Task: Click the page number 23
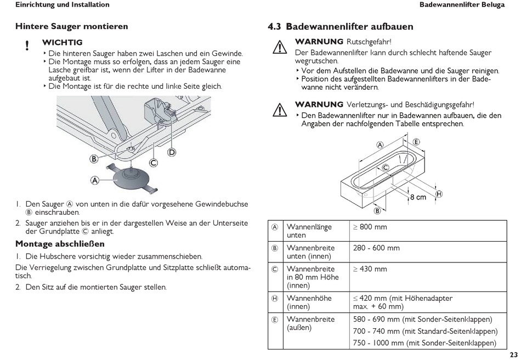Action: (x=513, y=354)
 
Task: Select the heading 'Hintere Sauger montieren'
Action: (x=71, y=26)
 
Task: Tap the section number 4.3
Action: (x=274, y=27)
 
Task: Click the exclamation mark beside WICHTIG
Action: (x=27, y=47)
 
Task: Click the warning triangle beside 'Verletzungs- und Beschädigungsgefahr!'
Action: (x=280, y=110)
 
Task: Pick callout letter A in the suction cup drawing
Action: (x=95, y=179)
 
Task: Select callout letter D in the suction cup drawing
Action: (x=172, y=152)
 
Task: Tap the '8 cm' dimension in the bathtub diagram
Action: (x=417, y=197)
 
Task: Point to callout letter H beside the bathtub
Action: (x=439, y=193)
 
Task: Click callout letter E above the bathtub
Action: (x=416, y=142)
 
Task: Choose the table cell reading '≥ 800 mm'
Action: (x=370, y=227)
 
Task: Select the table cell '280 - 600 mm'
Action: (x=376, y=248)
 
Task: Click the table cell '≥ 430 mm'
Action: (x=370, y=269)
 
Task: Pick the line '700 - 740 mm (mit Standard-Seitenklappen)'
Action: (x=425, y=331)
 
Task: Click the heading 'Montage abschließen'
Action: (x=60, y=244)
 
